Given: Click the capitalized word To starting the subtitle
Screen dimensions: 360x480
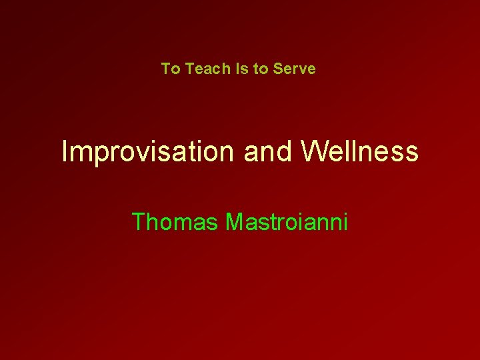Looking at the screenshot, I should [x=171, y=69].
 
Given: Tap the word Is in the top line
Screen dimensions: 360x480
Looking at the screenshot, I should [x=240, y=69].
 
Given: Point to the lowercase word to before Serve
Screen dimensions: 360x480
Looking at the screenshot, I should [x=261, y=69].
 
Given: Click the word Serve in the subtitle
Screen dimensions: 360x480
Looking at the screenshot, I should [x=294, y=69].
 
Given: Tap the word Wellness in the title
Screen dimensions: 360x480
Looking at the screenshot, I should [x=360, y=152].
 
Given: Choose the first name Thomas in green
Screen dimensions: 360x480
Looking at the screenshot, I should [x=175, y=221].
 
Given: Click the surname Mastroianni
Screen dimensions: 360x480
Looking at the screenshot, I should [x=287, y=221].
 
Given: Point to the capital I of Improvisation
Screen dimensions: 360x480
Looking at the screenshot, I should [x=64, y=152].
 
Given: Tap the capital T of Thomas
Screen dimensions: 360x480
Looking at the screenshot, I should [x=139, y=221].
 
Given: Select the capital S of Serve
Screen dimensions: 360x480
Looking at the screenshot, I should [x=277, y=69].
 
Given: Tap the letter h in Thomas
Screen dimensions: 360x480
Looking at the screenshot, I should [x=153, y=221].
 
